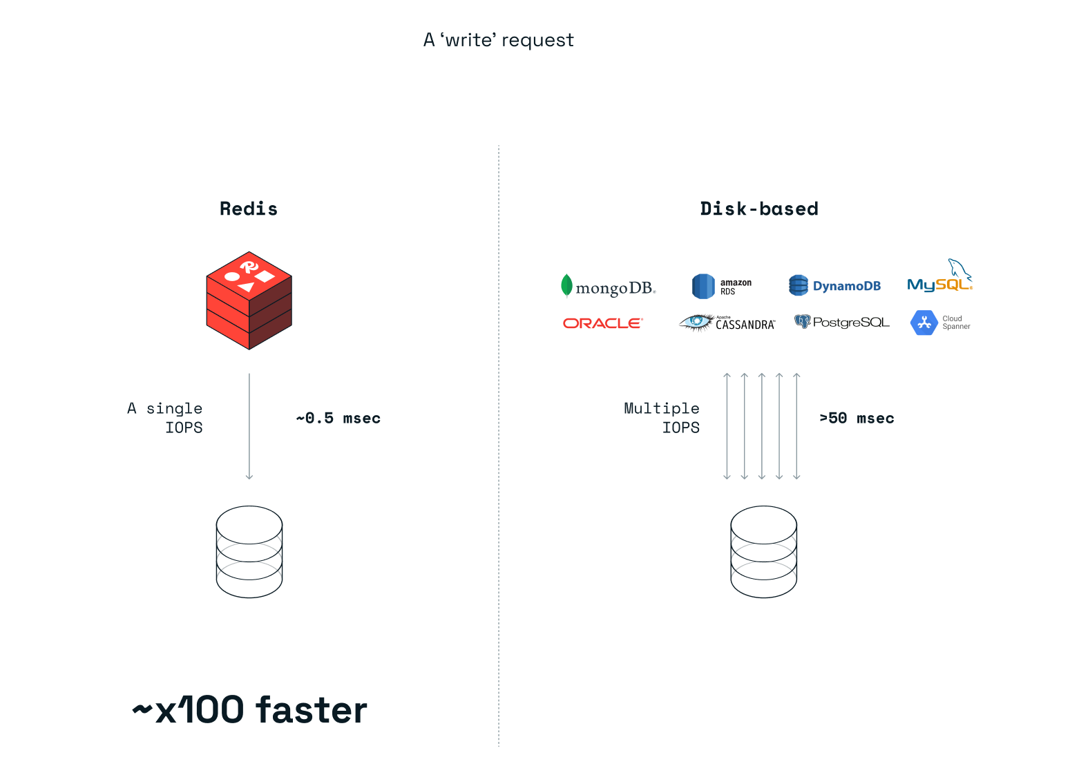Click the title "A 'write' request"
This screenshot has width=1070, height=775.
(498, 40)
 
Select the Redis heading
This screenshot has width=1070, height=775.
(249, 209)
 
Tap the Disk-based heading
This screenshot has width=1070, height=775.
(759, 209)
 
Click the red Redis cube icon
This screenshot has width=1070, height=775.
(249, 300)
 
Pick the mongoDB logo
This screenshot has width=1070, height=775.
(608, 287)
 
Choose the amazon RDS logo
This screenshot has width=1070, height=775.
(722, 286)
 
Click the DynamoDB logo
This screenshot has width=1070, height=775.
(834, 285)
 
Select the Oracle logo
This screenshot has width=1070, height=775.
(602, 323)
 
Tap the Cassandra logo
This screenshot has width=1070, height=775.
(727, 323)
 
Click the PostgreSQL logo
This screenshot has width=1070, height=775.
(842, 322)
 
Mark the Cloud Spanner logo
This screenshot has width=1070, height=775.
(940, 323)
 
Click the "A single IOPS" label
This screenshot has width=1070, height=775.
(166, 418)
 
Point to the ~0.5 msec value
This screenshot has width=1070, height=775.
(338, 418)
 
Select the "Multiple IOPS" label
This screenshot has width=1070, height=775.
(662, 418)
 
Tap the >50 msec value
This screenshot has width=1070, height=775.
(857, 418)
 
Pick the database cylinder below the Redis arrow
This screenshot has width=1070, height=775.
(249, 552)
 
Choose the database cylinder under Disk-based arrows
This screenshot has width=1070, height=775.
(763, 552)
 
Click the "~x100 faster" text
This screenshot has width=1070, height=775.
(250, 710)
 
